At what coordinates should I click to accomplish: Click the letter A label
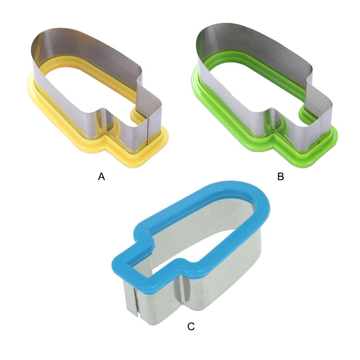pos(101,176)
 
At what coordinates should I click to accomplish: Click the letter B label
pos(281,176)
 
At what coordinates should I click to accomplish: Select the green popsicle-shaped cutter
pos(264,96)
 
